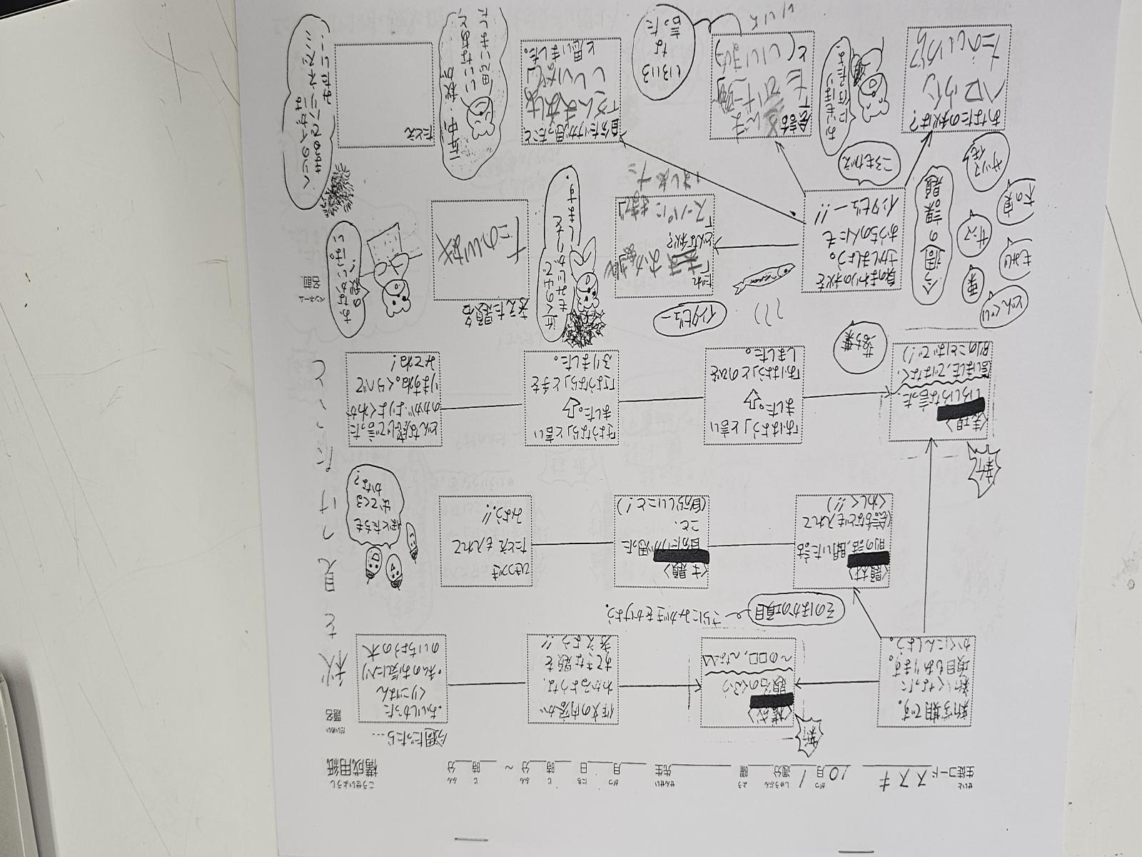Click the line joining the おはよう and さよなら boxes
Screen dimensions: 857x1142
(661, 399)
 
